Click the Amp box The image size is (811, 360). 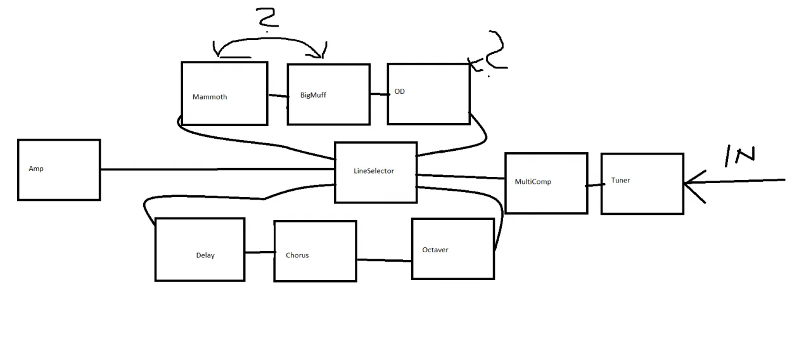[x=59, y=170]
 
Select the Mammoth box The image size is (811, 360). [x=224, y=94]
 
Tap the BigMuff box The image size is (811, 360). [x=328, y=94]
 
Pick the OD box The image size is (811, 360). [x=428, y=94]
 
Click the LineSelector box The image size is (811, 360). [x=376, y=172]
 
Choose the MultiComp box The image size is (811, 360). [x=546, y=183]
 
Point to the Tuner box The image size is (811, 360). [x=642, y=184]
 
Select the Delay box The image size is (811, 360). [x=200, y=250]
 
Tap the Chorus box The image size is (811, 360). [x=315, y=251]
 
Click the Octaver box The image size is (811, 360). [x=452, y=248]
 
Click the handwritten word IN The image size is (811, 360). [x=739, y=156]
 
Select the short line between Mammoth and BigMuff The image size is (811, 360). [x=278, y=96]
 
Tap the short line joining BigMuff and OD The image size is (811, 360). [x=379, y=94]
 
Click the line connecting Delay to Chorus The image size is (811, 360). [x=259, y=252]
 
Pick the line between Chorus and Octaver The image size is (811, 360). [x=384, y=259]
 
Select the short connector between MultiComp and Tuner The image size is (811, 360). [x=594, y=185]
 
